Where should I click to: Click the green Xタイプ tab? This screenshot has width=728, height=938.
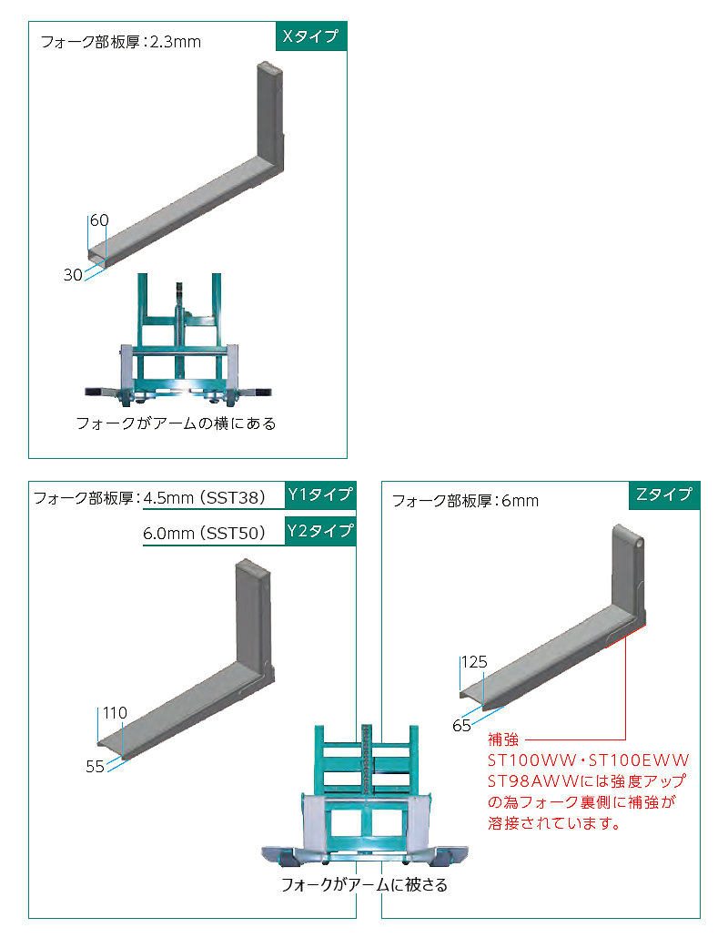pyautogui.click(x=311, y=36)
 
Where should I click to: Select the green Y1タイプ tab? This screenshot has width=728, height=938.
pyautogui.click(x=320, y=494)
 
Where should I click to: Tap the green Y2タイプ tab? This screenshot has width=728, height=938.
pyautogui.click(x=320, y=531)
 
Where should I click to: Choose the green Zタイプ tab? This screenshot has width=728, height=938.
pyautogui.click(x=664, y=494)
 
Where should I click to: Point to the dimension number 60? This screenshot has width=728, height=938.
pyautogui.click(x=99, y=220)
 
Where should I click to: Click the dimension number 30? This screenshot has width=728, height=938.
pyautogui.click(x=73, y=275)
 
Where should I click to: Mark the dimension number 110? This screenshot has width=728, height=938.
pyautogui.click(x=115, y=713)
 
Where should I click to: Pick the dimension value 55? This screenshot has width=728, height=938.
pyautogui.click(x=95, y=766)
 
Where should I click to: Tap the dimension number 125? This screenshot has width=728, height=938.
pyautogui.click(x=475, y=662)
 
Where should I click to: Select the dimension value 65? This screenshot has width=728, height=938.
pyautogui.click(x=461, y=726)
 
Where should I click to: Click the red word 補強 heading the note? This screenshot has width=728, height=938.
pyautogui.click(x=503, y=739)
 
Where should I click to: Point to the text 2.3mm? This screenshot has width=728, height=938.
pyautogui.click(x=175, y=42)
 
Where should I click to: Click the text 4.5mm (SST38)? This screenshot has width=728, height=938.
pyautogui.click(x=204, y=498)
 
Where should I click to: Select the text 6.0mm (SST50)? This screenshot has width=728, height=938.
pyautogui.click(x=204, y=533)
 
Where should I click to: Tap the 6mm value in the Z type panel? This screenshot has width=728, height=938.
pyautogui.click(x=520, y=501)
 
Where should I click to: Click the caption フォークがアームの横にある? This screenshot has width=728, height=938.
pyautogui.click(x=177, y=423)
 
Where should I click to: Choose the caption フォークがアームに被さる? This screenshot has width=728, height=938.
pyautogui.click(x=364, y=885)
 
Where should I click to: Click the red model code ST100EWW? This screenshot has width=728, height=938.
pyautogui.click(x=639, y=760)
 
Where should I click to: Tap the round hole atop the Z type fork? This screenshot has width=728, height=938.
pyautogui.click(x=639, y=543)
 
